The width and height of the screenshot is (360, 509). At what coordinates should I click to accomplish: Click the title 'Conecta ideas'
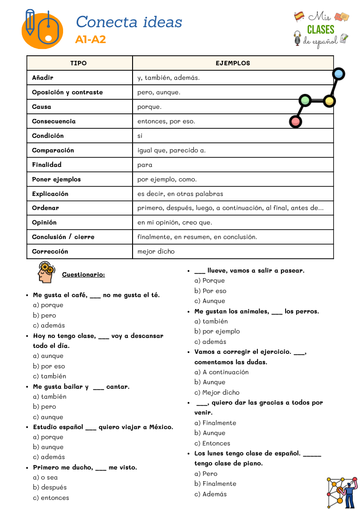(129, 22)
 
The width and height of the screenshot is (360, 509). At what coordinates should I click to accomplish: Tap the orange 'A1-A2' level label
(90, 40)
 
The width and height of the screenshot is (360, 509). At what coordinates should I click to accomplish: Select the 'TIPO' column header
(79, 63)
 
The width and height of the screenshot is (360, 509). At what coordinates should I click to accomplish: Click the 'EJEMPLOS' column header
(233, 63)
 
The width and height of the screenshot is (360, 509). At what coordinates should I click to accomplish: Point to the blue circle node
(339, 74)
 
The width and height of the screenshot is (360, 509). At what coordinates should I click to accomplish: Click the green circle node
(305, 100)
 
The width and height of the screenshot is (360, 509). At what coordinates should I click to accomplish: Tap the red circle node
(296, 122)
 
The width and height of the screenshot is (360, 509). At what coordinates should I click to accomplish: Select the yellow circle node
(330, 101)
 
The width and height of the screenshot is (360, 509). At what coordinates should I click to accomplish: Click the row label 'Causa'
(42, 107)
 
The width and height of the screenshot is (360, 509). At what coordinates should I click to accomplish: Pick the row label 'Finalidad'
(47, 165)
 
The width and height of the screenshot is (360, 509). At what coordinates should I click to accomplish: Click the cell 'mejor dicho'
(156, 251)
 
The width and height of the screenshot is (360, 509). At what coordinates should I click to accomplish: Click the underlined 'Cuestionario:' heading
(84, 274)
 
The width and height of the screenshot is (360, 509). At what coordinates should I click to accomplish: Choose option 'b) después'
(49, 487)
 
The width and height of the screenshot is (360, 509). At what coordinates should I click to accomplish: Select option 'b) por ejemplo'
(217, 331)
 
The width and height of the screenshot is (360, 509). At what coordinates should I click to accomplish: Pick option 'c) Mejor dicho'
(217, 392)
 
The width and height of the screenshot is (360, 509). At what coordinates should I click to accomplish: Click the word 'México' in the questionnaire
(161, 427)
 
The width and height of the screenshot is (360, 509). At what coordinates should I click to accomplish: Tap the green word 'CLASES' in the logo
(321, 30)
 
